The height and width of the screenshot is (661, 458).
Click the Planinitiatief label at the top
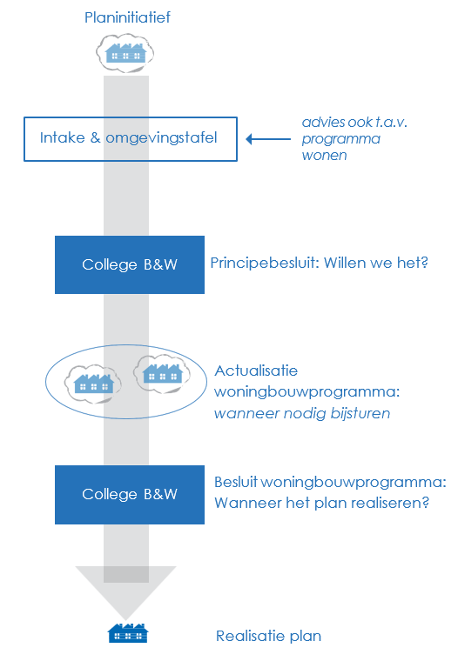(x=126, y=17)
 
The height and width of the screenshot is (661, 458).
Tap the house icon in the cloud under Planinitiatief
(x=125, y=53)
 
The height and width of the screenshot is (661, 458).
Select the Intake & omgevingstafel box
(x=129, y=138)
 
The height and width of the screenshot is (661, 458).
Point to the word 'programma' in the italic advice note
(x=341, y=138)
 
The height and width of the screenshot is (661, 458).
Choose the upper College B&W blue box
(x=130, y=264)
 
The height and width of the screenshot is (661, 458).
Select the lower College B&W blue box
(x=130, y=494)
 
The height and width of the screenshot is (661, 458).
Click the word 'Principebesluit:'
(x=264, y=262)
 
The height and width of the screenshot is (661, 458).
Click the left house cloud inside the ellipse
(x=93, y=381)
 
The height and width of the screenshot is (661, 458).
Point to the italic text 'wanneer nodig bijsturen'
(x=302, y=413)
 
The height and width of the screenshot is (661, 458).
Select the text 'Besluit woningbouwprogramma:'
(x=330, y=482)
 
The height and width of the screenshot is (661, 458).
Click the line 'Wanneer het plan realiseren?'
(x=321, y=503)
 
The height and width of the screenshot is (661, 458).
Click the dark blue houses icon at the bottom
(x=127, y=633)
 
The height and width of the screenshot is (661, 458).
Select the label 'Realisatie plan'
(x=268, y=636)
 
